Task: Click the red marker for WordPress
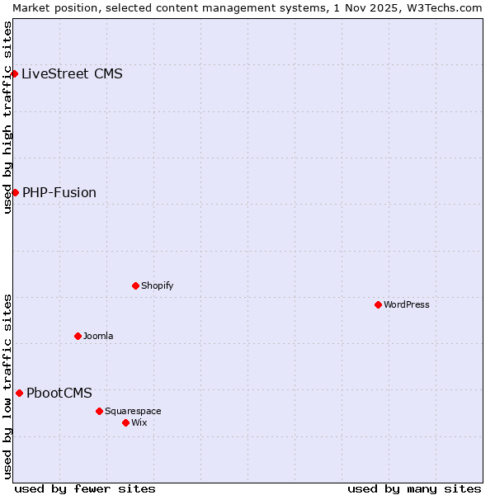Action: click(x=378, y=304)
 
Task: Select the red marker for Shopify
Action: click(x=135, y=285)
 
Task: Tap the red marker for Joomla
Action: click(x=78, y=336)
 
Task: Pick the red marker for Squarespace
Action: click(x=99, y=411)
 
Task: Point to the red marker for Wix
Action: click(x=125, y=422)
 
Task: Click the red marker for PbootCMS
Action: click(x=19, y=393)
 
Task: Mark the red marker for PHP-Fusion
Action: click(x=15, y=192)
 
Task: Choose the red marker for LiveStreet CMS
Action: click(x=14, y=73)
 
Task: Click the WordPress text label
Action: click(x=407, y=304)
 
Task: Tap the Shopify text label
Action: click(x=157, y=285)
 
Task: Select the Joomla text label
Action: click(x=98, y=336)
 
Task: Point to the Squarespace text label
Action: click(x=133, y=411)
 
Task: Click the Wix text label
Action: click(x=139, y=422)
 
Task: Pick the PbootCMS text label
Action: click(x=59, y=393)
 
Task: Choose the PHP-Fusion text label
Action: click(x=59, y=192)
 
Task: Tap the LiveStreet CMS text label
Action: click(x=72, y=73)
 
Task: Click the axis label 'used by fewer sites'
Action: click(x=85, y=488)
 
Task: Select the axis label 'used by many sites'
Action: click(x=414, y=488)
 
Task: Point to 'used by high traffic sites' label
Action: click(x=7, y=117)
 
